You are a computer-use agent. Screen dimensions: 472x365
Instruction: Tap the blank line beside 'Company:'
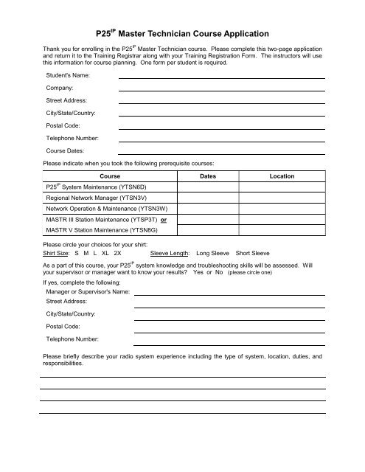[222, 89]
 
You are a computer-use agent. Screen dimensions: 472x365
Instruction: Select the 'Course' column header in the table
[110, 176]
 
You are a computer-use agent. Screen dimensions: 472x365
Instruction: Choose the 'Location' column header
[282, 176]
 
